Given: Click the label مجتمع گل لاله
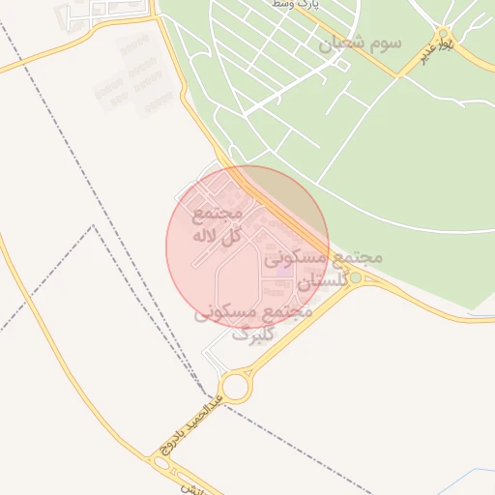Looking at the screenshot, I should (217, 223).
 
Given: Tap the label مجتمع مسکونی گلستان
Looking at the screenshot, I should (322, 270).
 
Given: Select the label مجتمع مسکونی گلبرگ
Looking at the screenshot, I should (253, 323).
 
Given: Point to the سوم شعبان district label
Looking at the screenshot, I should (359, 44).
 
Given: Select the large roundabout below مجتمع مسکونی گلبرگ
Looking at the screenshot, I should (235, 387).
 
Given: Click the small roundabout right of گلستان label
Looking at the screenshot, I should (356, 278).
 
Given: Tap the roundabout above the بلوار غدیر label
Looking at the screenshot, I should (442, 33).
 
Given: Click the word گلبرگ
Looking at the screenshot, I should (248, 335).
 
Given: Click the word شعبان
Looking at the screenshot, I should (338, 44).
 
